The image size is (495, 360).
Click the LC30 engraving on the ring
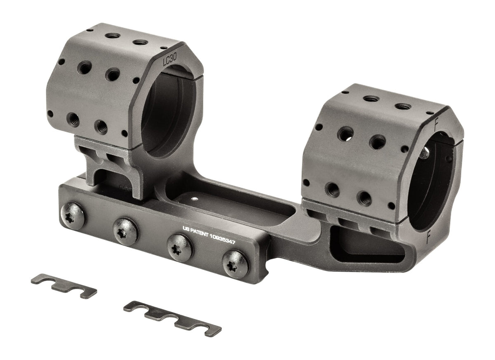click(170, 59)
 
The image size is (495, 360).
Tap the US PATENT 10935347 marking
click(209, 235)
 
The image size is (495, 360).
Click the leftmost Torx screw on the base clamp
click(73, 216)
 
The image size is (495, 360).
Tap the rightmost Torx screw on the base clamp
click(236, 264)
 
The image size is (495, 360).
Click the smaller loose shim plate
click(64, 286)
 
